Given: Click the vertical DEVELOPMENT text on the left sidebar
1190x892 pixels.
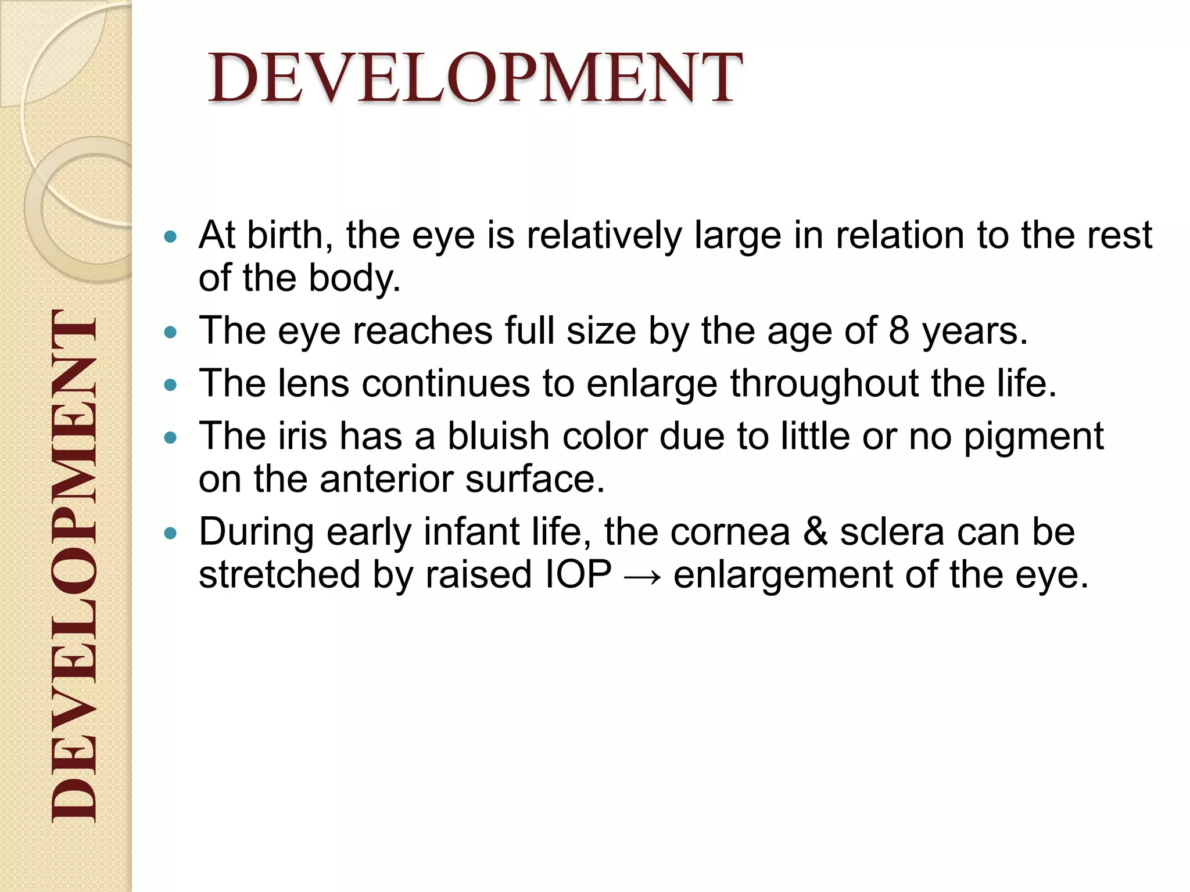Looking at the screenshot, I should (73, 566).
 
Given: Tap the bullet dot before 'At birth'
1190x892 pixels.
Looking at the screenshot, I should (170, 237).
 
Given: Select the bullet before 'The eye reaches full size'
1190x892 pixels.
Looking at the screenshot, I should (170, 333).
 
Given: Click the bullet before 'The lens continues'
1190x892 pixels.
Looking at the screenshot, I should (170, 385).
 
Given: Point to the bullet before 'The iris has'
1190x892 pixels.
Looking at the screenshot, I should (170, 438).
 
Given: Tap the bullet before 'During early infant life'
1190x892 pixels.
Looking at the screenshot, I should (170, 534).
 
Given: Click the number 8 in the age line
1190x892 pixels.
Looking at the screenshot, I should (898, 331).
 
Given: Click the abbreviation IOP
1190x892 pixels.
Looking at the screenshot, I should (579, 575).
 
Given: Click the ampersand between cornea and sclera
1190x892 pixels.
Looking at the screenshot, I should (815, 533).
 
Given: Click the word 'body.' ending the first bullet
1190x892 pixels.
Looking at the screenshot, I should (354, 279).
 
